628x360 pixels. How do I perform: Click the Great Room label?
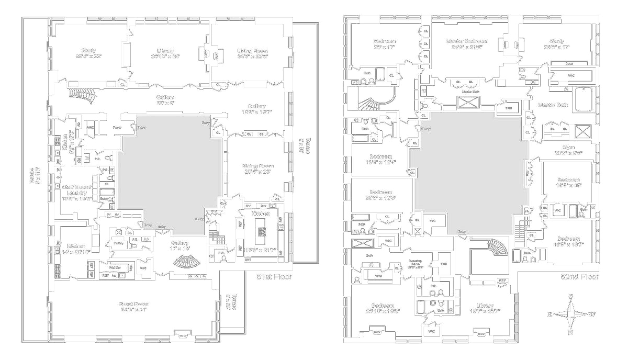[133, 307]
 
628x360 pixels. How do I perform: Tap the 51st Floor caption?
[274, 276]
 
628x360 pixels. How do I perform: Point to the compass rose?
[570, 314]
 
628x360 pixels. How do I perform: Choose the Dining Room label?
[259, 169]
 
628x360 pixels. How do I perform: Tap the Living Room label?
[252, 54]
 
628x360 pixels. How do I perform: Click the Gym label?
[568, 151]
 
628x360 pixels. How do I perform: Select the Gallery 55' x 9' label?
[165, 100]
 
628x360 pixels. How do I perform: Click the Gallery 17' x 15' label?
[180, 245]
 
